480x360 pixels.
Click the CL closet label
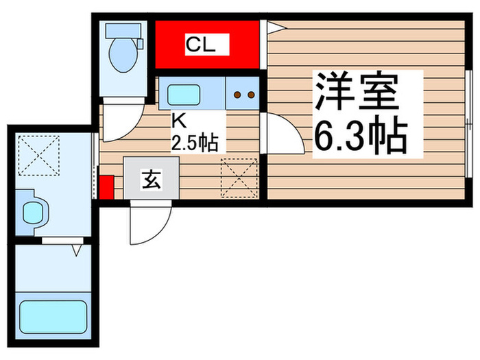(201, 46)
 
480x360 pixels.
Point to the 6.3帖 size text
(361, 136)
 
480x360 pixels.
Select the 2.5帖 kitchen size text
(195, 143)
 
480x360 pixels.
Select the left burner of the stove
(237, 95)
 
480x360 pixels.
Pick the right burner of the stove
(250, 95)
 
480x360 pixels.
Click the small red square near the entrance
(106, 187)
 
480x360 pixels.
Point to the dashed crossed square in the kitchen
(239, 176)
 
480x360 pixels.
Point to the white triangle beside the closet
(275, 27)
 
